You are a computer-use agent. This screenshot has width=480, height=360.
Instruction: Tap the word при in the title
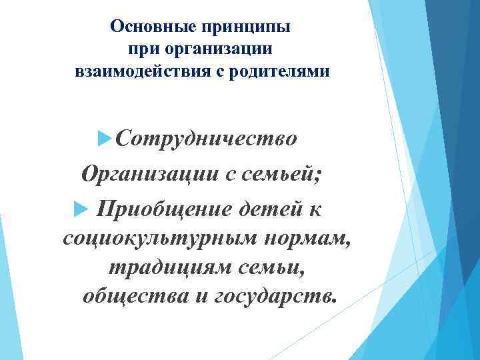(x=140, y=49)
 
